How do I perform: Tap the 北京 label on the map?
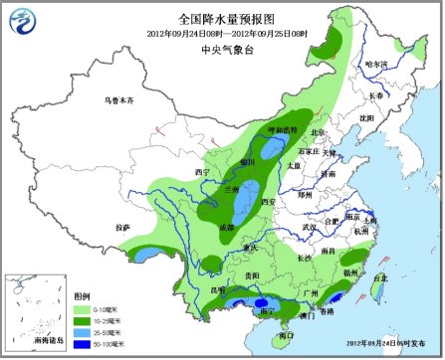[318, 132]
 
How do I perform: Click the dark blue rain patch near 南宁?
[261, 303]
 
